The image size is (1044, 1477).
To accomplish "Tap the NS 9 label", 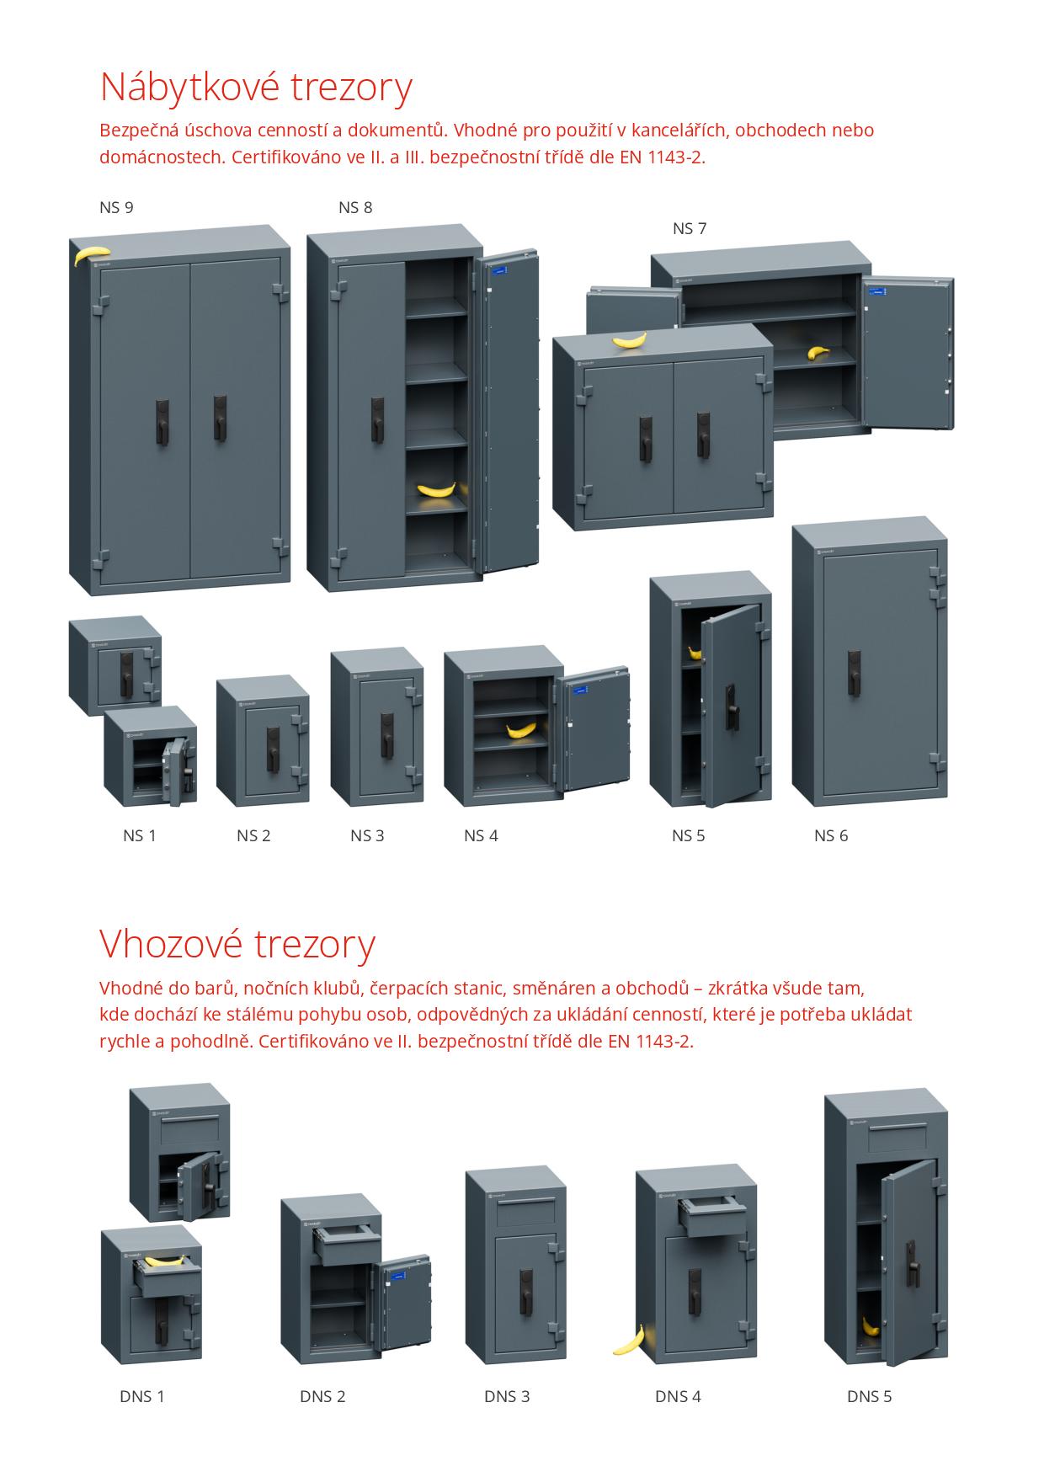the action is point(116,207).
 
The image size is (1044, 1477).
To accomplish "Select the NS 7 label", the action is point(690,228).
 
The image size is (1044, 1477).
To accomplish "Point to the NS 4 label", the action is point(481,835).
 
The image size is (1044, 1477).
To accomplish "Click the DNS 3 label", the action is point(507,1396).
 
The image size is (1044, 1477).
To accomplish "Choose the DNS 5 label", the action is point(869,1396).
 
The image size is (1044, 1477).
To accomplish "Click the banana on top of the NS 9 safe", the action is point(91,254).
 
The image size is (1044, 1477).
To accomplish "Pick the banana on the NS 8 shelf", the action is point(436,488).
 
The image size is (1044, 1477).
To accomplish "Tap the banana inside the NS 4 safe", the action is point(520,728).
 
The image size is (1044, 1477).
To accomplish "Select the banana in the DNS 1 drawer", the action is point(164,1261).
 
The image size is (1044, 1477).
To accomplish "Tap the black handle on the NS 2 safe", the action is point(273,749).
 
